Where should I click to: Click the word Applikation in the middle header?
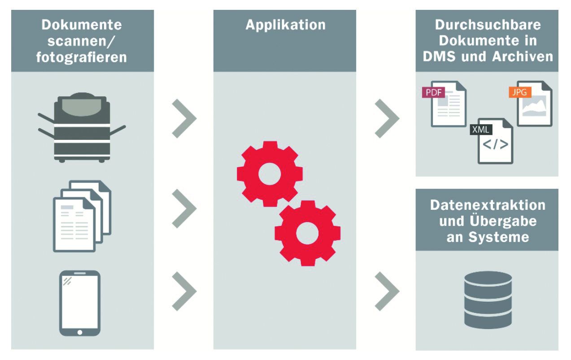click(285, 25)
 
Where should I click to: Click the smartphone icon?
click(80, 303)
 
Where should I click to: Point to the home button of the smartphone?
click(80, 332)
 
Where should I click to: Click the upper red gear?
click(270, 173)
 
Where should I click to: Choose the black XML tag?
click(481, 130)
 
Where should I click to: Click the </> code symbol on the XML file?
click(496, 145)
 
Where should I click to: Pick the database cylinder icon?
click(488, 299)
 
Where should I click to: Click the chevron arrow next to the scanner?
click(184, 119)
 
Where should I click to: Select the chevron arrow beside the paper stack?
click(184, 208)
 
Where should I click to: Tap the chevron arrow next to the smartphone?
click(184, 291)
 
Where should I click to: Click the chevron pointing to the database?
click(387, 291)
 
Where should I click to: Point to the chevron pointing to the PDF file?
click(387, 119)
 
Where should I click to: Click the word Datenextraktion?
click(488, 206)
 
